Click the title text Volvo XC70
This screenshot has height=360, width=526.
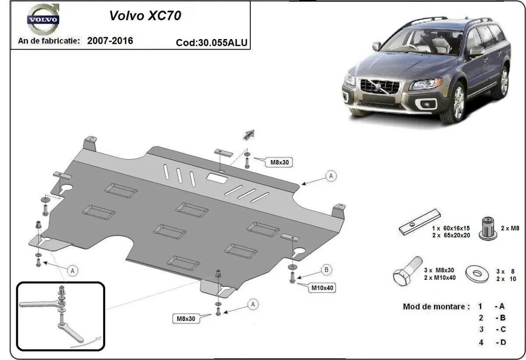144,16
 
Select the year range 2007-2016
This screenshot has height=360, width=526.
110,41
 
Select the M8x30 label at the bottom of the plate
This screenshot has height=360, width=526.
185,319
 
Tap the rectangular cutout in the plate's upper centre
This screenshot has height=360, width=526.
217,178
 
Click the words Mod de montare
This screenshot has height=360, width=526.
436,306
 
